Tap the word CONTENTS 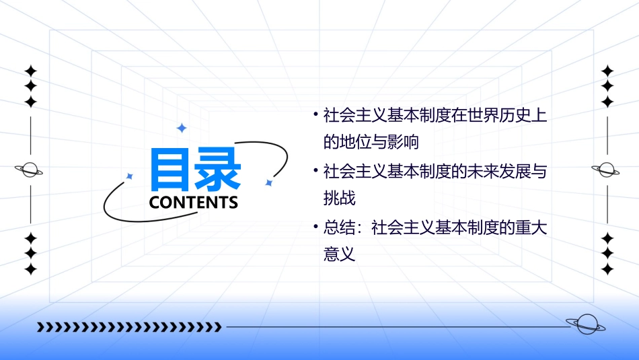tap(193, 203)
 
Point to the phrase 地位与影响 tap(381, 143)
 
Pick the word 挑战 tap(339, 199)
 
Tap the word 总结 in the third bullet tap(339, 228)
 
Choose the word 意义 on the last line tap(339, 256)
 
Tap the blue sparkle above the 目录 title tap(181, 128)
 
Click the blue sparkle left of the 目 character tap(130, 176)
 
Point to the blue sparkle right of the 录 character tap(268, 182)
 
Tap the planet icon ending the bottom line tap(585, 324)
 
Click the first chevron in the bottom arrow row tap(40, 327)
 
